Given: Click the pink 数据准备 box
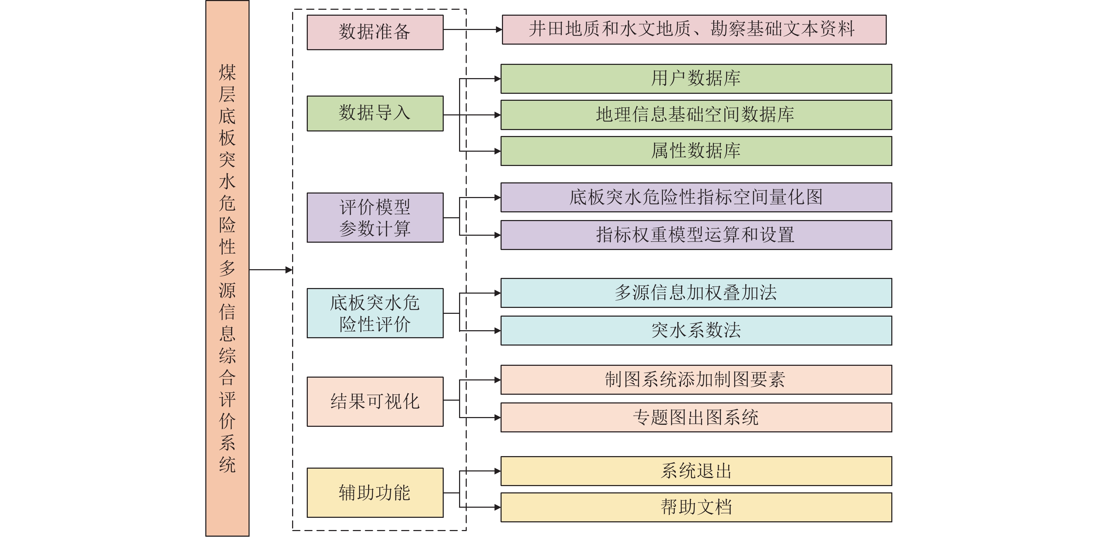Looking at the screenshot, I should (x=375, y=32).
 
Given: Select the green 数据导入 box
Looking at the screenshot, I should (x=375, y=113).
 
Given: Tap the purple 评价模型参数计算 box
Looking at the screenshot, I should (x=375, y=218).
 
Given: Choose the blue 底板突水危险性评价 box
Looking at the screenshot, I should (x=375, y=313).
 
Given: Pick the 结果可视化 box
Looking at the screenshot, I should (x=375, y=401).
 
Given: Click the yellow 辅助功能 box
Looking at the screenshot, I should (x=375, y=493).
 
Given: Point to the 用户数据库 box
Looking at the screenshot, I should (x=696, y=78).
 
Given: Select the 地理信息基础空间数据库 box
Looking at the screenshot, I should (x=696, y=115).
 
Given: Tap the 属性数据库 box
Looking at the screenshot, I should (x=696, y=151).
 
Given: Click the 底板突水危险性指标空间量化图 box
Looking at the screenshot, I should (x=696, y=197).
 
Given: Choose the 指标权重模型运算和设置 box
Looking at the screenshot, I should (x=696, y=235).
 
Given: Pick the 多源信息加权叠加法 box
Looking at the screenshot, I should (x=696, y=293).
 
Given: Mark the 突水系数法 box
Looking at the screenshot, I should (x=696, y=331).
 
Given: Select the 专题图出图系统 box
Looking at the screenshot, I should (x=696, y=417).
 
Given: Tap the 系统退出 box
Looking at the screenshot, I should (x=696, y=471).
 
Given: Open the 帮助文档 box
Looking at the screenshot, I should (x=696, y=507).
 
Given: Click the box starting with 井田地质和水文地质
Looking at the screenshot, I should (x=694, y=29).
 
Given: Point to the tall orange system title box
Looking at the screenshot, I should (x=227, y=268).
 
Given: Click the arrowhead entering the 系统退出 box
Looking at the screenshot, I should (x=497, y=471).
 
